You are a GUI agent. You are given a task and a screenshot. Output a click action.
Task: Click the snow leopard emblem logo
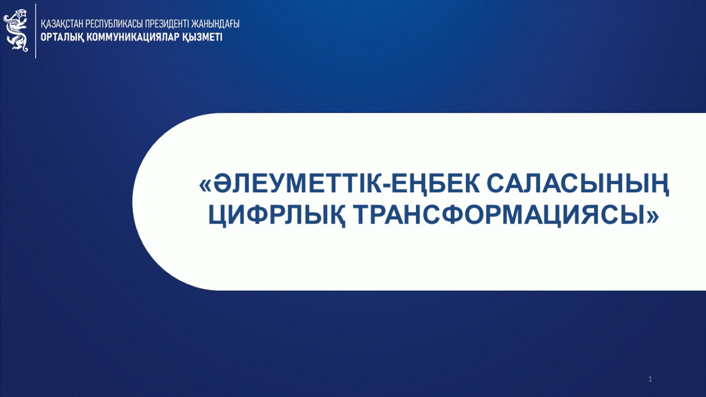[16, 31]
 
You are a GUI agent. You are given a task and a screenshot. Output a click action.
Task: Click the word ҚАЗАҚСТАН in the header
[62, 24]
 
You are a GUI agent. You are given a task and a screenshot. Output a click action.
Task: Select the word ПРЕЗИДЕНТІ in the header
[168, 24]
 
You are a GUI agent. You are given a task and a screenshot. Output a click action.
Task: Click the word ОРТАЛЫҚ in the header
[62, 38]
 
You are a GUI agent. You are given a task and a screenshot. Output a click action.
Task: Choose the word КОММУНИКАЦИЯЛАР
[134, 37]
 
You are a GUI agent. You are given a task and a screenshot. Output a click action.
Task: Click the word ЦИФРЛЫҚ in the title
[277, 216]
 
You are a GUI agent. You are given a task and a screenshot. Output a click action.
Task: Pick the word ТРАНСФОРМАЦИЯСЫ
[501, 216]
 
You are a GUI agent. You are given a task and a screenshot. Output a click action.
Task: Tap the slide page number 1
[650, 379]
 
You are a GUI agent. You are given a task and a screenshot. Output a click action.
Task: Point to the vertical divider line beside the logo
[36, 31]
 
